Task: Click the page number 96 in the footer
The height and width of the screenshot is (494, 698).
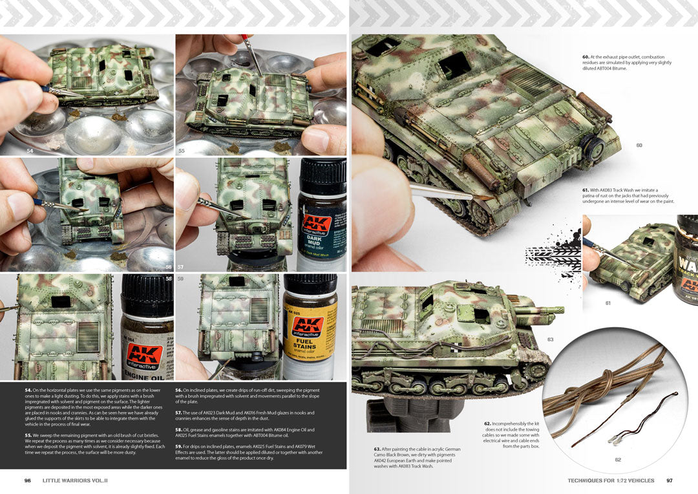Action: [x=28, y=480]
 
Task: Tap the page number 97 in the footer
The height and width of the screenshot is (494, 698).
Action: [x=670, y=480]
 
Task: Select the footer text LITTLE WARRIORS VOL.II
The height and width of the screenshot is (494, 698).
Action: [x=75, y=480]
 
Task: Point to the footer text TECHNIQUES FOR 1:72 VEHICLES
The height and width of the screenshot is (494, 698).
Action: [x=611, y=480]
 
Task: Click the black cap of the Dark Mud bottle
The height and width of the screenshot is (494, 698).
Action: [x=322, y=176]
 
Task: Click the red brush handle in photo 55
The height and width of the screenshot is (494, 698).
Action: [x=246, y=42]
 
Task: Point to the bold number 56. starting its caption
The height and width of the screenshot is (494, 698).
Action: [x=179, y=391]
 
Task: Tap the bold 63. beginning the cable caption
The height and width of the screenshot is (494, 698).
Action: [x=377, y=449]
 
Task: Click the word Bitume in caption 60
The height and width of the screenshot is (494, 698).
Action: [x=619, y=69]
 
